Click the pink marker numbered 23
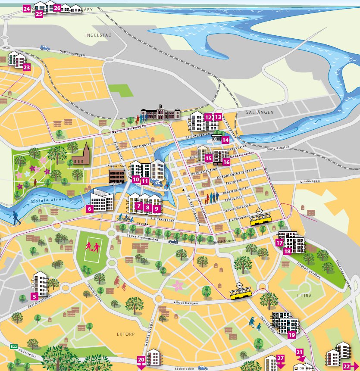pyautogui.click(x=27, y=67)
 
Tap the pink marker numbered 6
pyautogui.click(x=90, y=209)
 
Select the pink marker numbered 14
pyautogui.click(x=225, y=140)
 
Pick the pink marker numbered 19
pyautogui.click(x=292, y=335)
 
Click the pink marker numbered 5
pyautogui.click(x=34, y=296)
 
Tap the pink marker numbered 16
pyautogui.click(x=227, y=162)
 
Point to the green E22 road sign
pyautogui.click(x=14, y=346)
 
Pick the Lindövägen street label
pyautogui.click(x=307, y=182)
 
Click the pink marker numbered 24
pyautogui.click(x=27, y=9)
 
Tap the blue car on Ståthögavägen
pyautogui.click(x=45, y=48)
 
